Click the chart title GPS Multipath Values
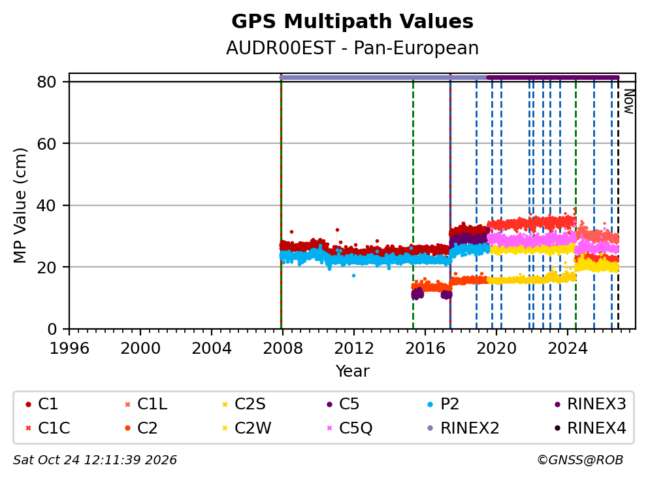pos(352,22)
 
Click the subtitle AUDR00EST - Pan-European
pos(352,48)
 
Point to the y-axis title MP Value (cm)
pos(20,205)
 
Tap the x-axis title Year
pos(352,371)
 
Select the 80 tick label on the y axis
pos(46,82)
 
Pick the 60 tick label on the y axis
pos(46,144)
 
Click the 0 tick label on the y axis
pos(52,329)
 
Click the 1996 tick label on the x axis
pos(69,349)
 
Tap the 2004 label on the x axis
pos(211,349)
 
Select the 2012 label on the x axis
pos(354,349)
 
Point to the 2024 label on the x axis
pos(568,349)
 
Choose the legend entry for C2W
pos(246,428)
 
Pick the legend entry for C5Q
pos(349,428)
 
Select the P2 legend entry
pos(443,404)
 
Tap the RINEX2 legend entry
pos(463,428)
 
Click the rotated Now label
pos(629,101)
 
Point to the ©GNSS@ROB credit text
pos(580,460)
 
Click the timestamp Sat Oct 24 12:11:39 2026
pos(95,460)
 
